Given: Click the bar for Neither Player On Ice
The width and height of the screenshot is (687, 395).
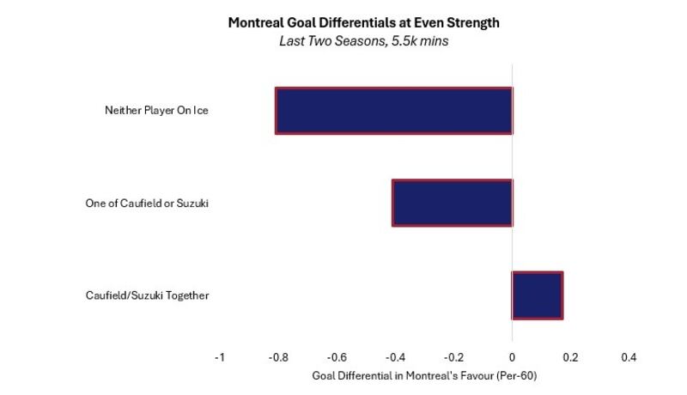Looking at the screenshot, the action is tap(394, 111).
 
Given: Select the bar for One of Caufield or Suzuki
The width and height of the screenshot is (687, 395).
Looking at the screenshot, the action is tap(453, 203).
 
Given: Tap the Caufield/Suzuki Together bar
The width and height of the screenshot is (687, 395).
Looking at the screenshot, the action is tap(538, 295).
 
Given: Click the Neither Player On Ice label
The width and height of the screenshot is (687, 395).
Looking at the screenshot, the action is tap(156, 111).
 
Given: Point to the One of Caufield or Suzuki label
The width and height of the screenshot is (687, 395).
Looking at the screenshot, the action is tap(147, 204).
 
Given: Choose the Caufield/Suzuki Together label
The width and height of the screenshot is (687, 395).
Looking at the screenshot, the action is tap(147, 295).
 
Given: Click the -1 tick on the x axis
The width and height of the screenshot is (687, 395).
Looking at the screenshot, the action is tap(220, 357).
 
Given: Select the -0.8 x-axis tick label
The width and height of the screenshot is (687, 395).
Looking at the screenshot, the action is tap(278, 357).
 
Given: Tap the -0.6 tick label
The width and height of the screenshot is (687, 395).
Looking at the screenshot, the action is tap(337, 357).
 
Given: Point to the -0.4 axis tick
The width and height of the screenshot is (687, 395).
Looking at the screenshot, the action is tap(395, 357).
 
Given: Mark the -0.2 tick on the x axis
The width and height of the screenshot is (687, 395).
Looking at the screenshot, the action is tap(453, 357).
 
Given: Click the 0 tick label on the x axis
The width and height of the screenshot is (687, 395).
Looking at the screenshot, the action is tap(512, 357).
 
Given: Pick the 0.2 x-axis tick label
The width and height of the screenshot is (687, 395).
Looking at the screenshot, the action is tap(570, 357).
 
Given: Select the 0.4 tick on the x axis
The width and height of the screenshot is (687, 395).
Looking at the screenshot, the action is tap(629, 357).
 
